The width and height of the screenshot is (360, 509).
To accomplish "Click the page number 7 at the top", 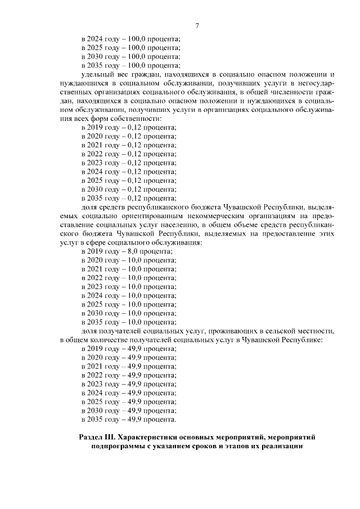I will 197,25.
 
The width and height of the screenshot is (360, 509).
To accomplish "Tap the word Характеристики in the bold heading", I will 148,437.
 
